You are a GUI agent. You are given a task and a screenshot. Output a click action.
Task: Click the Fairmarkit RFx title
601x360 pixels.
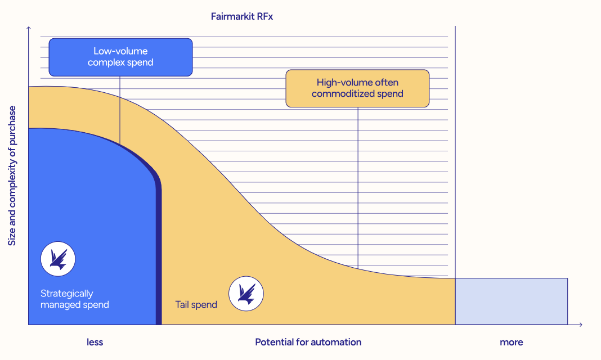click(x=242, y=16)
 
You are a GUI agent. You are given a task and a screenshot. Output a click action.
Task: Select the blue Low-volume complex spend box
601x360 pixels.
click(x=121, y=57)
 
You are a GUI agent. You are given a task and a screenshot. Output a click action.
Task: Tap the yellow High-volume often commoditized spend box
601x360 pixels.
click(x=357, y=88)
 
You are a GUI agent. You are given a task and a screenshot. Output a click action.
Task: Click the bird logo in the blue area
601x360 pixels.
click(x=58, y=259)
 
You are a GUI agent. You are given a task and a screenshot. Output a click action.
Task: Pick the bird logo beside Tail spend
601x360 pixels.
click(x=246, y=294)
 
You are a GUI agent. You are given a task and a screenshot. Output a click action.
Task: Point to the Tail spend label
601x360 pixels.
click(x=196, y=304)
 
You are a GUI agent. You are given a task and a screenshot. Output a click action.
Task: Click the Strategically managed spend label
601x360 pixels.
click(x=75, y=299)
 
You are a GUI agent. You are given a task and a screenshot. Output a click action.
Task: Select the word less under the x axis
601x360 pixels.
click(x=95, y=342)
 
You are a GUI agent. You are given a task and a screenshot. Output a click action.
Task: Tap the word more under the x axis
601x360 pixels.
click(x=512, y=342)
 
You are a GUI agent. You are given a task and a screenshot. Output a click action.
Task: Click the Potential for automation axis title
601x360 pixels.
click(x=308, y=342)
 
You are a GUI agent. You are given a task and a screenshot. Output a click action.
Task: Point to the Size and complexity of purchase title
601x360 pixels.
click(x=12, y=176)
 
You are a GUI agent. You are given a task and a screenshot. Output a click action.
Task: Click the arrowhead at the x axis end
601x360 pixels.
click(x=581, y=325)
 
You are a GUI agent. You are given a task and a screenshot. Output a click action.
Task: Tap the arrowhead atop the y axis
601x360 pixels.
click(x=28, y=28)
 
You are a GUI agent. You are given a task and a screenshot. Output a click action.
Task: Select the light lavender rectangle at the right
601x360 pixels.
click(x=512, y=301)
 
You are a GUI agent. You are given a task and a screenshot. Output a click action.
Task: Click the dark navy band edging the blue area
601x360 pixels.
click(x=159, y=245)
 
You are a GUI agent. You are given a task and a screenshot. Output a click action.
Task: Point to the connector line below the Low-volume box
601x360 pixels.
click(x=120, y=110)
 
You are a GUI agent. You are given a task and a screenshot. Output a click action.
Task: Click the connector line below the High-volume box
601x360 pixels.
click(x=358, y=188)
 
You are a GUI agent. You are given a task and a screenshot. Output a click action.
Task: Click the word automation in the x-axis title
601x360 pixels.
click(x=336, y=342)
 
